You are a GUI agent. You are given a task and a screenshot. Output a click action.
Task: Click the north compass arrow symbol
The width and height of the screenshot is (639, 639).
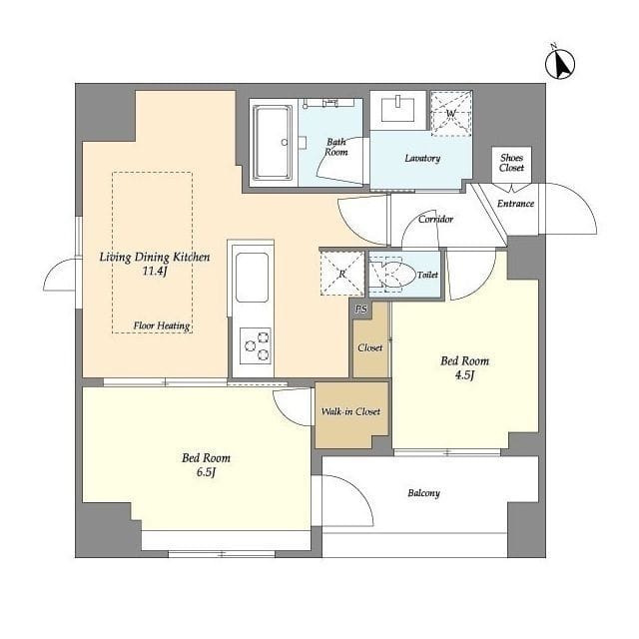(x=560, y=64)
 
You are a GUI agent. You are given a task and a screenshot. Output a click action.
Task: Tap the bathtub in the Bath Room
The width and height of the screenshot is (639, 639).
(x=273, y=142)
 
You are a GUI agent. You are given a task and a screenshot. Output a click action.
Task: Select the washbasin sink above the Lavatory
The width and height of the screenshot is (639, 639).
(x=397, y=109)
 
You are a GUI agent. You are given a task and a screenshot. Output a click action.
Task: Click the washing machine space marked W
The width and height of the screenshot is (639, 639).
(x=451, y=113)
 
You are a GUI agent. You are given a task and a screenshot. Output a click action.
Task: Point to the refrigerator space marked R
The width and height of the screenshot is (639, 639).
(x=341, y=273)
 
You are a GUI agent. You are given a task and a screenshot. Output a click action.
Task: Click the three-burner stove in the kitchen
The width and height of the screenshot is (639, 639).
(x=256, y=346)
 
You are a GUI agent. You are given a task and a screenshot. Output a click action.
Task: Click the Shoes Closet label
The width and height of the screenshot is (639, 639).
(x=511, y=163)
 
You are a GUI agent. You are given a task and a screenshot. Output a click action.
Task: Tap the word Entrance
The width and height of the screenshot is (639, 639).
(x=515, y=204)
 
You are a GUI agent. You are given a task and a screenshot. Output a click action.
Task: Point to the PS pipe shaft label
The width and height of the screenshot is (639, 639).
(x=360, y=310)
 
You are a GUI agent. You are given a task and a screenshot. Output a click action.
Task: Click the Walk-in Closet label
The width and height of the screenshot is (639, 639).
(x=350, y=411)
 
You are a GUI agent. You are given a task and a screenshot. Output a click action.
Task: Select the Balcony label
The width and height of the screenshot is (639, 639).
(x=423, y=493)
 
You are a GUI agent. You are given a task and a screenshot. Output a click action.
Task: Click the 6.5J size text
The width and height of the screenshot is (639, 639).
(x=206, y=472)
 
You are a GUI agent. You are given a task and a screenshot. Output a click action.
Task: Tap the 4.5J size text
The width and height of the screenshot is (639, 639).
(x=464, y=375)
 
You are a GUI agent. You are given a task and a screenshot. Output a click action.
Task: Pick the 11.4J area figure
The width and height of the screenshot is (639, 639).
(x=155, y=272)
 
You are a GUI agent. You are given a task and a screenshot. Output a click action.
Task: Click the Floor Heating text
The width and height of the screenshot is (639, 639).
(x=162, y=325)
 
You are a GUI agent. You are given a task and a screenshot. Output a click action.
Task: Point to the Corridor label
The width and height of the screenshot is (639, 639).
(x=435, y=220)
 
